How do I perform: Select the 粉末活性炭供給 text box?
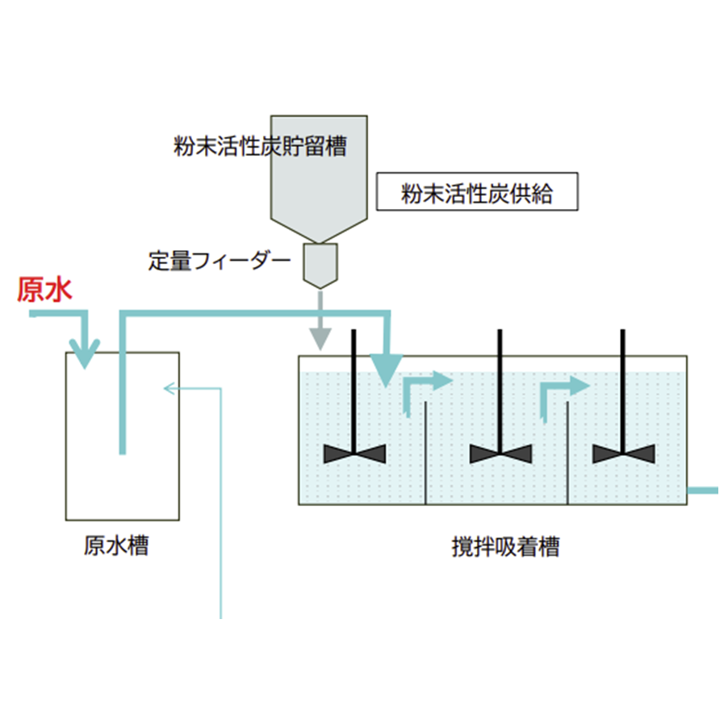477,194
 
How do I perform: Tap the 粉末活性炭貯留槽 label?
261,146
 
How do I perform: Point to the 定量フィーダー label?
219,261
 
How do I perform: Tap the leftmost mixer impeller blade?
354,454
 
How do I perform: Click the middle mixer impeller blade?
501,454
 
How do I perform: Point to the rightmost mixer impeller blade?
623,454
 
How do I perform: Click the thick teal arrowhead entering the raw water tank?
84,355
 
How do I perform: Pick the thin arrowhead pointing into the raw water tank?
169,389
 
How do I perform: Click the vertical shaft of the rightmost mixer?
623,387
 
